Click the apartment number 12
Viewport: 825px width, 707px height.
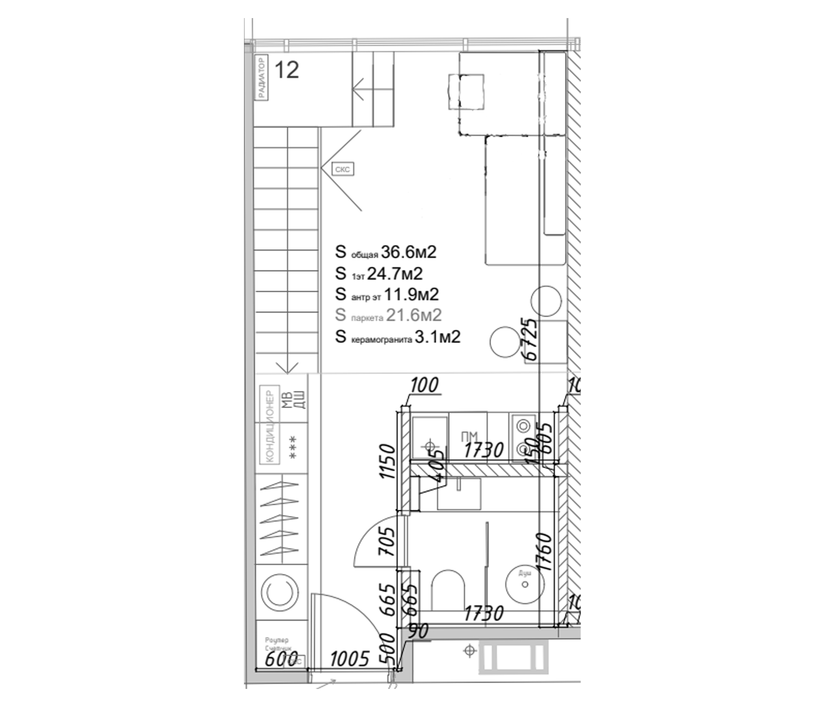click(287, 70)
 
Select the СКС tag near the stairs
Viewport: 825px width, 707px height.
click(343, 170)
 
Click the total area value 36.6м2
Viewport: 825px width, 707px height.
click(409, 252)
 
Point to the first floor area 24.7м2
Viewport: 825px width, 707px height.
click(394, 274)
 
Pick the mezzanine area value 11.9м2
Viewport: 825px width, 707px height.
click(411, 295)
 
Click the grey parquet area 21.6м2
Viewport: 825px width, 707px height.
click(414, 316)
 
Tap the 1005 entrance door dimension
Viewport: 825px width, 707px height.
click(350, 659)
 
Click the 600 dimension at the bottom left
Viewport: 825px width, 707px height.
click(281, 659)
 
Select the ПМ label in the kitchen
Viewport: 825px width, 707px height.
click(469, 437)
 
